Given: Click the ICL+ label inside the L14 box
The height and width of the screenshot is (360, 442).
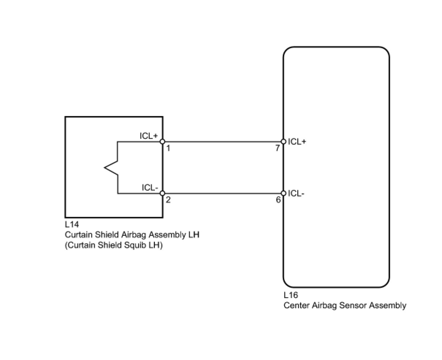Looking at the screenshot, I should click(149, 136).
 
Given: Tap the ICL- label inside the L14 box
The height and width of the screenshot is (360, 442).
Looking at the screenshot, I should click(150, 188).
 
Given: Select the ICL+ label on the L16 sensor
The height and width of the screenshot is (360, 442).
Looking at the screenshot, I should click(297, 142).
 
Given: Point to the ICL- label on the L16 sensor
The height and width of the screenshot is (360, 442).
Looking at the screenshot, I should click(296, 194).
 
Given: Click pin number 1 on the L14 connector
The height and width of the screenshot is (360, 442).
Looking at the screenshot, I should click(168, 148).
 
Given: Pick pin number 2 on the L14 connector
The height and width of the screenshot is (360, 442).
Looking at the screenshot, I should click(168, 200).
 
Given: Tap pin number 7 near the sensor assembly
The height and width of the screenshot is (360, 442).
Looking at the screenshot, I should click(278, 148).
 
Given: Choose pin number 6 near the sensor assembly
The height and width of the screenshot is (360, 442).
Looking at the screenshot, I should click(278, 200).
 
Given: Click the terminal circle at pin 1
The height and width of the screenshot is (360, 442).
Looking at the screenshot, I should click(163, 142).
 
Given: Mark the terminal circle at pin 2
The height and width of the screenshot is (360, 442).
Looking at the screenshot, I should click(163, 193).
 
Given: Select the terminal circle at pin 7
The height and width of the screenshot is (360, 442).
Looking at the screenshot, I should click(283, 142).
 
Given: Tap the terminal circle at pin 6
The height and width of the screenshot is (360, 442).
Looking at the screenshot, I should click(283, 193).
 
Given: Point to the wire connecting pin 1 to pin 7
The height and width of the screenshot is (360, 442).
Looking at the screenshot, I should click(223, 142).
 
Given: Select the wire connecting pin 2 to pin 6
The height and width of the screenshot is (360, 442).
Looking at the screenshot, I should click(223, 193).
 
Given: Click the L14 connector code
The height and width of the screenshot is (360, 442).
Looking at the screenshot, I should click(72, 225).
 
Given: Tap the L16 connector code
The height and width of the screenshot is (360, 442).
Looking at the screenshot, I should click(291, 295).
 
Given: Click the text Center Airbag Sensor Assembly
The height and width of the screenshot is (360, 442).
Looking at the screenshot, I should click(345, 306).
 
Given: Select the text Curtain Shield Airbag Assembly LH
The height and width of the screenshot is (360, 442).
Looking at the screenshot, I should click(132, 235).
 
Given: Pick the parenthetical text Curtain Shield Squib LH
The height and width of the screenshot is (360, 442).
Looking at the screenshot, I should click(114, 245).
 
